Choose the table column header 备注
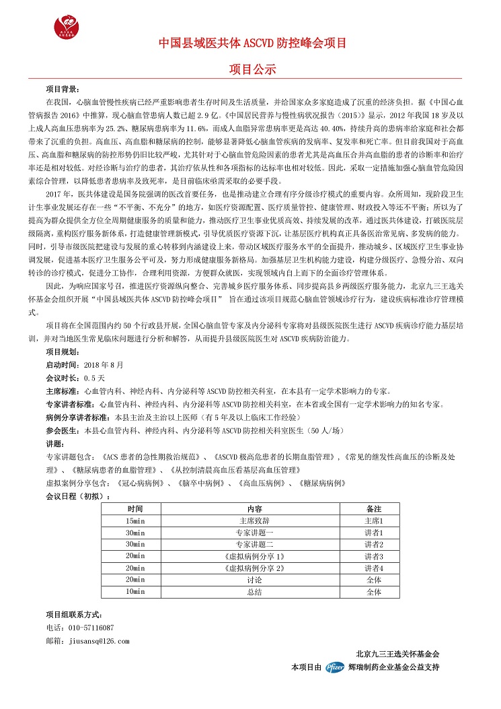374,509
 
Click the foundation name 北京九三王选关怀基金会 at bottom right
397,654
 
